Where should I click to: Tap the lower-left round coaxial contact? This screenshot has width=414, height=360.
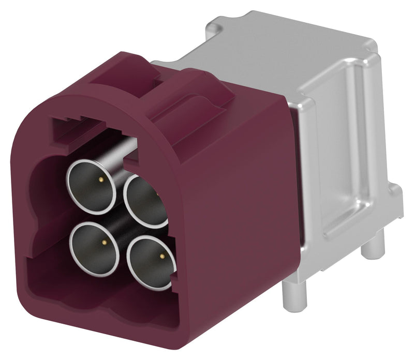click(94, 242)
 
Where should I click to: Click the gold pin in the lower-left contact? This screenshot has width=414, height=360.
click(105, 242)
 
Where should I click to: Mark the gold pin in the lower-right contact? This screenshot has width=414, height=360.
click(162, 256)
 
